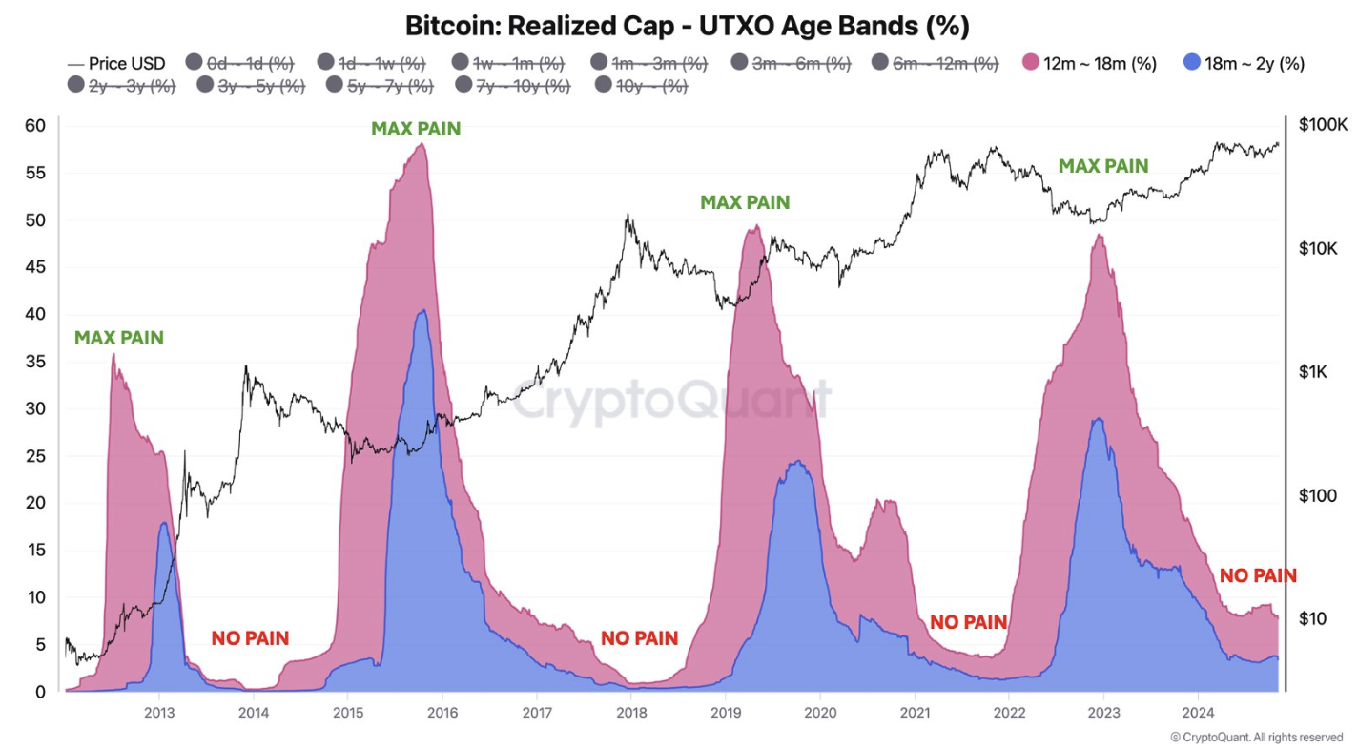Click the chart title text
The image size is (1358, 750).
pyautogui.click(x=687, y=26)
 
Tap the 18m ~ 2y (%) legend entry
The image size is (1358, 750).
pyautogui.click(x=1243, y=64)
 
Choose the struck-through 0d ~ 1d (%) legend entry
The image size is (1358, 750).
pyautogui.click(x=238, y=64)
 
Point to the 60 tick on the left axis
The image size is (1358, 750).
pyautogui.click(x=35, y=126)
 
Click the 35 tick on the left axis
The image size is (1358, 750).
pyautogui.click(x=35, y=362)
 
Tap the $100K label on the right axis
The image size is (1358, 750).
pyautogui.click(x=1323, y=125)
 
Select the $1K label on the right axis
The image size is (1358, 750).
pyautogui.click(x=1316, y=372)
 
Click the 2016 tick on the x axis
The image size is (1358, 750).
pyautogui.click(x=440, y=711)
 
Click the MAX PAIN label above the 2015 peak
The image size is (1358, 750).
pyautogui.click(x=416, y=129)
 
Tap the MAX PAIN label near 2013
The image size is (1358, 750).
pyautogui.click(x=119, y=338)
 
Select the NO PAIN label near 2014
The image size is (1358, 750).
pyautogui.click(x=250, y=638)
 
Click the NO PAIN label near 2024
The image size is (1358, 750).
pyautogui.click(x=1258, y=575)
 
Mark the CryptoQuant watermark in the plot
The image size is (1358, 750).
pyautogui.click(x=672, y=400)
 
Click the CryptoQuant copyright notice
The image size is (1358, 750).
pyautogui.click(x=1256, y=737)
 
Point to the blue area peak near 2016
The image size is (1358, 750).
pyautogui.click(x=422, y=312)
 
